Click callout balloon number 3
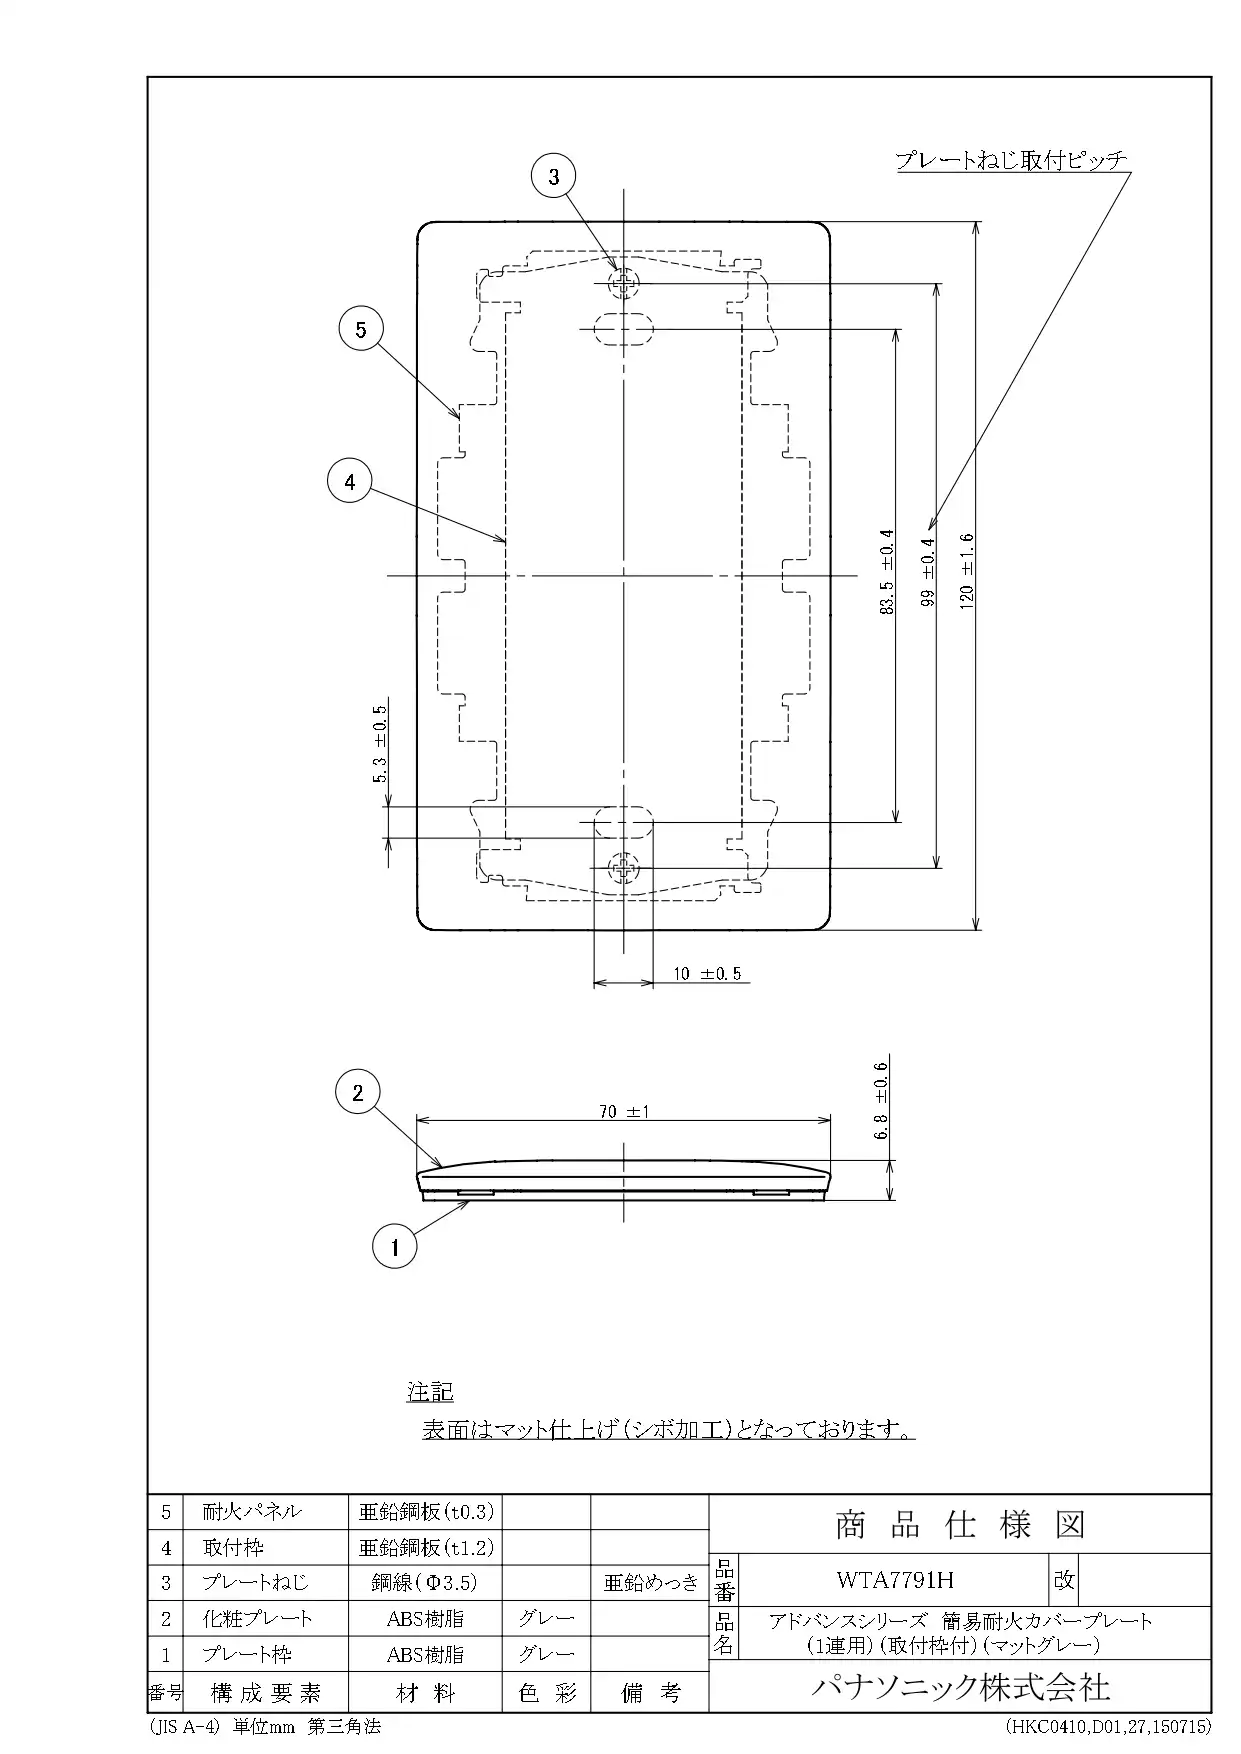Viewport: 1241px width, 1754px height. point(554,177)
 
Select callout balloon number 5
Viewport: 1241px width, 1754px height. point(361,329)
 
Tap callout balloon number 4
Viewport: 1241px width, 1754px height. point(350,482)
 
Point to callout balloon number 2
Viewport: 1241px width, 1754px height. point(358,1092)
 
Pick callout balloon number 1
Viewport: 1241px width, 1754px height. point(395,1246)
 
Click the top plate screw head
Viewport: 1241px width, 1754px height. point(624,283)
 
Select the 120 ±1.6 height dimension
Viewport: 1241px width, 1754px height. point(966,570)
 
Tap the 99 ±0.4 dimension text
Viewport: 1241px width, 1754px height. point(928,572)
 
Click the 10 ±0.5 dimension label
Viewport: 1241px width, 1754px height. point(708,973)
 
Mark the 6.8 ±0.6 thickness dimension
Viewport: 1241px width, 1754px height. point(881,1101)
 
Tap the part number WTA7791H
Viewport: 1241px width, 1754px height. point(895,1580)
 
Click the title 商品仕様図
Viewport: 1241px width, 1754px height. point(960,1525)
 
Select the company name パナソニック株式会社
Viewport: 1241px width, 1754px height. point(960,1687)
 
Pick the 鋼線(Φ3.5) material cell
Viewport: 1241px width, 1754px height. point(425,1582)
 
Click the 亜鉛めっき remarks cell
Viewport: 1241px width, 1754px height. point(650,1582)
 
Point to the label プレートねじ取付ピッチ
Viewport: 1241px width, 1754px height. point(1011,160)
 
